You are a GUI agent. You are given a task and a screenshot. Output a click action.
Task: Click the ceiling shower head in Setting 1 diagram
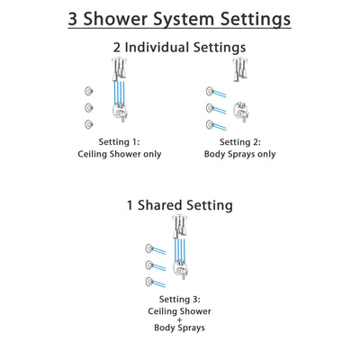coord(117,66)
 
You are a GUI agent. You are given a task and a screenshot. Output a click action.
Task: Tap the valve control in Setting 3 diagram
coord(183,272)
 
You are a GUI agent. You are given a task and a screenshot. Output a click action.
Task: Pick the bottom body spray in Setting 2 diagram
coord(211,123)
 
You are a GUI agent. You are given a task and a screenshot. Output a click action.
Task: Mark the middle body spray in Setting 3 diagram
coord(149,266)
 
